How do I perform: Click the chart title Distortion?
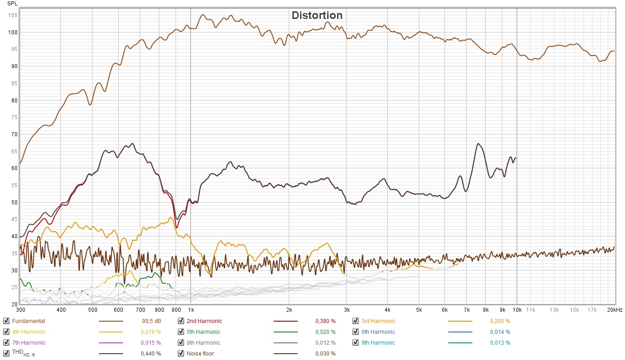click(317, 15)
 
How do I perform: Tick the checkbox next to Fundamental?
click(6, 321)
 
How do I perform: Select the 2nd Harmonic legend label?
click(204, 321)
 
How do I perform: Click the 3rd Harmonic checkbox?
click(356, 321)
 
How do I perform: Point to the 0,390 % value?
click(325, 321)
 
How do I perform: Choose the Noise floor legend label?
click(200, 354)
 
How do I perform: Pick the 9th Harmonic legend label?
click(378, 343)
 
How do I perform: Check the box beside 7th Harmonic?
click(6, 343)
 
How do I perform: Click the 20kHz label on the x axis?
click(615, 310)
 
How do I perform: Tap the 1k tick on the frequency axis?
click(191, 310)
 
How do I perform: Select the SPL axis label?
click(13, 4)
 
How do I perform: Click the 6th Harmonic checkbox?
click(356, 332)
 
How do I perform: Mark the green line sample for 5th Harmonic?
click(286, 332)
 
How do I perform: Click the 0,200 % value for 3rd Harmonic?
click(500, 321)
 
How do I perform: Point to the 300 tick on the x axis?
click(20, 310)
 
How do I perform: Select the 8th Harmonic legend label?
click(204, 343)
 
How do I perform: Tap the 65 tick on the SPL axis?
click(14, 151)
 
